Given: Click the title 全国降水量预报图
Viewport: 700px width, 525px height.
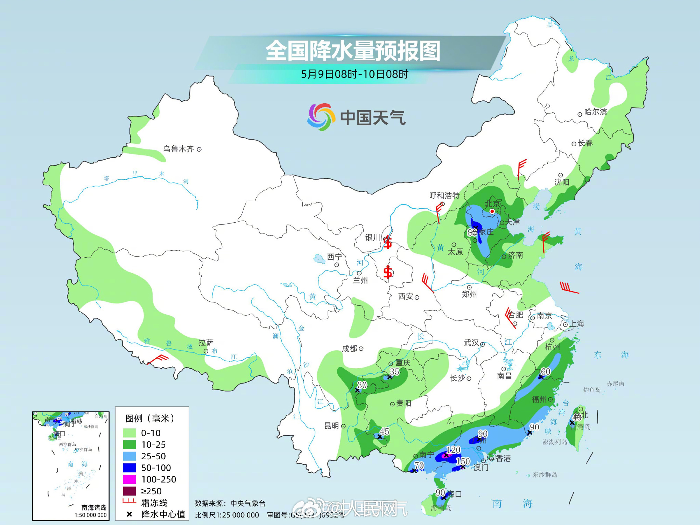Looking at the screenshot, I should pos(353,51).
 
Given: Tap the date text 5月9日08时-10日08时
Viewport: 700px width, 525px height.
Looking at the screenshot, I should pos(355,74).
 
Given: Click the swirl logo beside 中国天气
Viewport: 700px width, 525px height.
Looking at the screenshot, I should pos(319,117).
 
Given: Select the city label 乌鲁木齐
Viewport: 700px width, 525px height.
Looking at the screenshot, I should pos(178,149).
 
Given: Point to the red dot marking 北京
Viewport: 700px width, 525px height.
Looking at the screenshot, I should pos(492,211).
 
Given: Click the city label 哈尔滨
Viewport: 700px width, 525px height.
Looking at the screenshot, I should pos(595,112).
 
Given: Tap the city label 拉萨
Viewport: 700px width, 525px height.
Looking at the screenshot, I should pos(206,343).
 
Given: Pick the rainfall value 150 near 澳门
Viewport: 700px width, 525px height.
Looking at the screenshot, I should pos(463,461).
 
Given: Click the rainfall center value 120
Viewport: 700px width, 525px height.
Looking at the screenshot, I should pos(454,450).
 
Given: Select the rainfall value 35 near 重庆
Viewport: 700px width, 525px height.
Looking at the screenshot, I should pos(394,372).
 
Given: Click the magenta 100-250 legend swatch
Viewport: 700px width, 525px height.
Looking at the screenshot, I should pos(129,479).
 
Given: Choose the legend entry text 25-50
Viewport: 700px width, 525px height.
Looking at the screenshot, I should pos(153,456).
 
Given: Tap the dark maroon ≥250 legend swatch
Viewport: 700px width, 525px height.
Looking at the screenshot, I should pos(129,491).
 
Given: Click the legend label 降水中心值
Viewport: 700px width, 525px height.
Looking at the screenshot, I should pos(163,514).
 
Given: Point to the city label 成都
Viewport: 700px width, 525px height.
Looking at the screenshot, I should pos(349,349).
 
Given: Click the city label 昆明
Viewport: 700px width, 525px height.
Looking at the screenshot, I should pos(331,426).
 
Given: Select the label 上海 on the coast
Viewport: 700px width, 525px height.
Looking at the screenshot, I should pos(577,324).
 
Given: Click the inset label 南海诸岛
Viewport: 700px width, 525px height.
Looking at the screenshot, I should pos(94,507).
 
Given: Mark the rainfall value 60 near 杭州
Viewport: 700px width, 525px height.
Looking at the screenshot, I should pos(546,371).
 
